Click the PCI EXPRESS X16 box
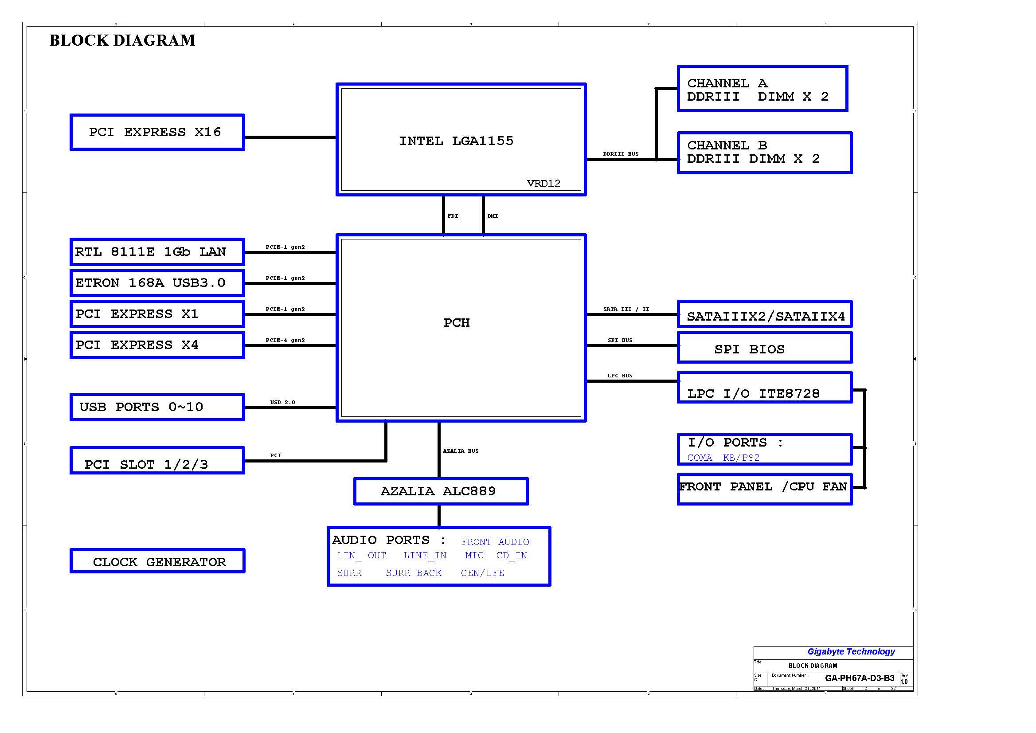pos(157,132)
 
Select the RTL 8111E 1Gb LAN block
pos(157,251)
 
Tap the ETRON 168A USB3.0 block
pos(157,282)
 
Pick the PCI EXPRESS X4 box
pos(157,345)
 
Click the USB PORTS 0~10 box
pos(157,407)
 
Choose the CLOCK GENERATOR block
pos(157,561)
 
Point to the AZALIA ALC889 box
pos(441,491)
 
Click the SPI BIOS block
pos(764,347)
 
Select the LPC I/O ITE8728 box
pos(764,387)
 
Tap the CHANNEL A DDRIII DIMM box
pos(762,89)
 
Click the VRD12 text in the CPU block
pos(543,183)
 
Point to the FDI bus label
pos(453,216)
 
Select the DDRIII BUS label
pos(621,154)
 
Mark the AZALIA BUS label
pos(461,451)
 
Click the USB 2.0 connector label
pos(283,402)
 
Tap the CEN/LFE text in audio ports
pos(482,573)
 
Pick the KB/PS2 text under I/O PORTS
pos(741,458)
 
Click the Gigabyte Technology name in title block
pos(851,651)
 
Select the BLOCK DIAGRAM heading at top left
pos(122,40)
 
